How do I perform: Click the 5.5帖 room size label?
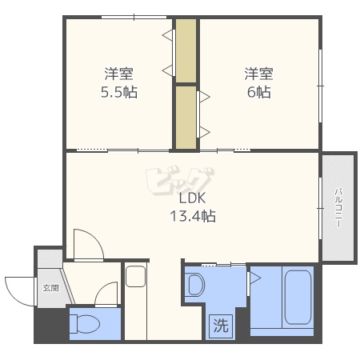(x=119, y=92)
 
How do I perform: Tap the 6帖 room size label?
(x=258, y=92)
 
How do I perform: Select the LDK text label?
(x=192, y=198)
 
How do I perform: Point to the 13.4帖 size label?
(x=193, y=216)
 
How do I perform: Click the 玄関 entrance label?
(x=50, y=288)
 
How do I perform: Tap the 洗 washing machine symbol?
(x=221, y=326)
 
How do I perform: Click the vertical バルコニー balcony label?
(x=338, y=208)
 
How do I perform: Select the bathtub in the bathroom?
(x=298, y=297)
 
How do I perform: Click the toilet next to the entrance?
(x=84, y=324)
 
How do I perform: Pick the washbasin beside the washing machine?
(x=196, y=284)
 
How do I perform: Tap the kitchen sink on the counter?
(x=136, y=276)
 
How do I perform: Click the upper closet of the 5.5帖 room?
(x=186, y=50)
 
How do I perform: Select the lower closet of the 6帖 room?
(x=186, y=118)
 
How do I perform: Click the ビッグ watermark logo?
(x=180, y=181)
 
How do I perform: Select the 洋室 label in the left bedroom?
(x=119, y=74)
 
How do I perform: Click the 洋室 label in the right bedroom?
(x=258, y=74)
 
